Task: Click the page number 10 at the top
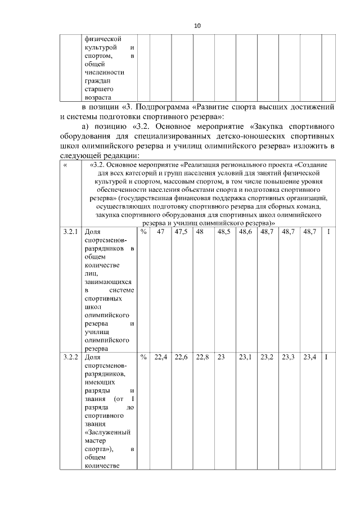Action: (197, 25)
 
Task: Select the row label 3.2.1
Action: (71, 247)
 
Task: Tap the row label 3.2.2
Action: (71, 357)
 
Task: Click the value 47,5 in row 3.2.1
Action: (181, 247)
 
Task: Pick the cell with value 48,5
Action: (224, 247)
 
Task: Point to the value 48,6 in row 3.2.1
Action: (245, 247)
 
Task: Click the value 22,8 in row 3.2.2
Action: (202, 357)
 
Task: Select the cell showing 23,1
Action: (245, 357)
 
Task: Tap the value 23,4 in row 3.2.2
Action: (309, 357)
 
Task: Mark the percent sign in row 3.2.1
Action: (143, 247)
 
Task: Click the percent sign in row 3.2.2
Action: (143, 357)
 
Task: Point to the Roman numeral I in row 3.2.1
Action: (327, 247)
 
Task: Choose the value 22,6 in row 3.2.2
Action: (181, 357)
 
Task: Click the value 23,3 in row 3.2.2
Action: (288, 357)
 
